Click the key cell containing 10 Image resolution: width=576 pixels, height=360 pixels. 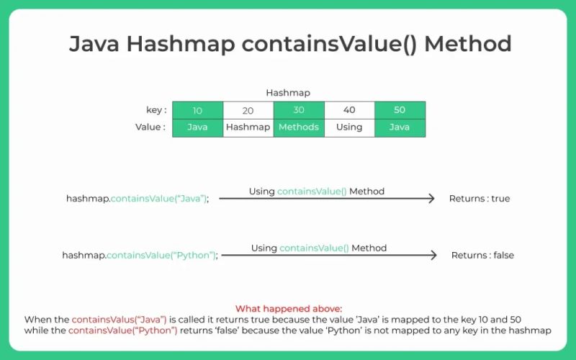tap(197, 110)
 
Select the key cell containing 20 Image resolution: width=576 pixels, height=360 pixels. tap(248, 110)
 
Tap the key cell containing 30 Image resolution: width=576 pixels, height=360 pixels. tap(299, 110)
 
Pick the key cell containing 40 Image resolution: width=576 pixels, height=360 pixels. tap(349, 110)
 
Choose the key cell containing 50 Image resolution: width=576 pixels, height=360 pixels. tap(400, 110)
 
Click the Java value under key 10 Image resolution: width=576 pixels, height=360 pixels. tap(197, 127)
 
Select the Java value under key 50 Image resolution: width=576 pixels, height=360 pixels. tap(400, 127)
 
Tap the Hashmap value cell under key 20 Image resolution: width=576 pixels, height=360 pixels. tap(248, 127)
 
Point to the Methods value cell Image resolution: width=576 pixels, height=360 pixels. tap(299, 127)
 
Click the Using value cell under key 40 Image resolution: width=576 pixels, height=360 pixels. tap(349, 127)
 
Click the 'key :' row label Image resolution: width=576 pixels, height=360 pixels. tap(156, 110)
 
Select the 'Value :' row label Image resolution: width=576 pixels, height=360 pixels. tap(150, 127)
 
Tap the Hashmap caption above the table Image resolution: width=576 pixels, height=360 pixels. tap(288, 93)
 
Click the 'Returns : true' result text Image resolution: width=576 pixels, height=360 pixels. tap(479, 198)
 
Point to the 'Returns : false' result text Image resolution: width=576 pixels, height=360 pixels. tap(482, 255)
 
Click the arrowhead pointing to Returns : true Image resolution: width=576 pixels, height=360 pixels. tap(431, 198)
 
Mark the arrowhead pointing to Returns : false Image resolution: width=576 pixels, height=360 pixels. tap(433, 255)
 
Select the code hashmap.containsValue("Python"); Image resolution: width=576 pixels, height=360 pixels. tap(140, 255)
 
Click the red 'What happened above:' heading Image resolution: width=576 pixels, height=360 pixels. tap(288, 308)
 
